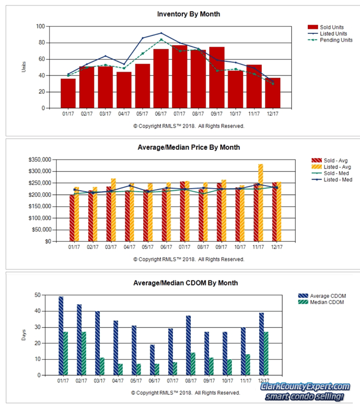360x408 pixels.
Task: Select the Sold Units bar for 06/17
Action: point(161,79)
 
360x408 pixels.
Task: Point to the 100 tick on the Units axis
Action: point(40,27)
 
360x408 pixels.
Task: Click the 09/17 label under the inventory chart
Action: point(217,114)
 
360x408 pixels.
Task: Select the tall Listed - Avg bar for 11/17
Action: point(260,202)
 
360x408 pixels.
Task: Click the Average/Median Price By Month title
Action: point(189,147)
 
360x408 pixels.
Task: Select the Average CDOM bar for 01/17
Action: point(61,335)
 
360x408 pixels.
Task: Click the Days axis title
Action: point(24,335)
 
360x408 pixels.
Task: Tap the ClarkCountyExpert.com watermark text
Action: point(306,387)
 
